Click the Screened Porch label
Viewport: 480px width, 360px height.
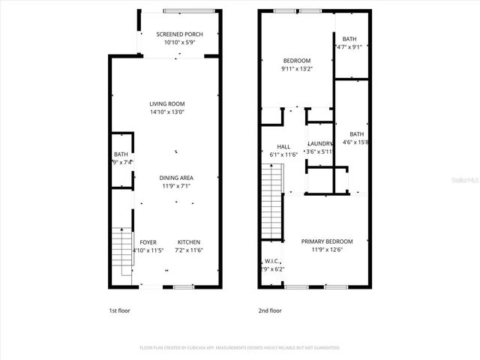coord(178,34)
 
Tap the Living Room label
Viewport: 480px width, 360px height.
coord(166,103)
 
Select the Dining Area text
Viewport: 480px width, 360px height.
coord(175,178)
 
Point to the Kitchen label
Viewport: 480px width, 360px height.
coord(188,241)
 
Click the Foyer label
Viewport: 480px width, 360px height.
coord(148,241)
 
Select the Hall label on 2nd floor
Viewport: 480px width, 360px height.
coord(283,146)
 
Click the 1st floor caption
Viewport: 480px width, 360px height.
coord(120,310)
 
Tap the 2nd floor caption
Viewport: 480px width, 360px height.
coord(270,310)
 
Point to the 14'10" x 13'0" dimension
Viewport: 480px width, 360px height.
coord(166,112)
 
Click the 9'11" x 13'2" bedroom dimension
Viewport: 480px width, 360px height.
coord(297,68)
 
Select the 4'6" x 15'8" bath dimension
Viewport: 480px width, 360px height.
coord(356,142)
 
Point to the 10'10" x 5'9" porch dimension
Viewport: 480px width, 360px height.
coord(178,43)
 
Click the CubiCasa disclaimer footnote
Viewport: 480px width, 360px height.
coord(240,348)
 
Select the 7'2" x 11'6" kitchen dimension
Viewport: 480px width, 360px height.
coord(188,250)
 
